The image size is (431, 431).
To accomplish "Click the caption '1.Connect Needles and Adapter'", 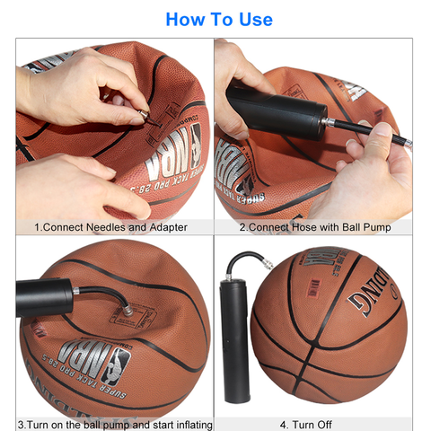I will [110, 227].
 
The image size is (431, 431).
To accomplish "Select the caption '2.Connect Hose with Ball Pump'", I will [313, 227].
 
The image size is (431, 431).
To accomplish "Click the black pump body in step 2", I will [274, 109].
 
